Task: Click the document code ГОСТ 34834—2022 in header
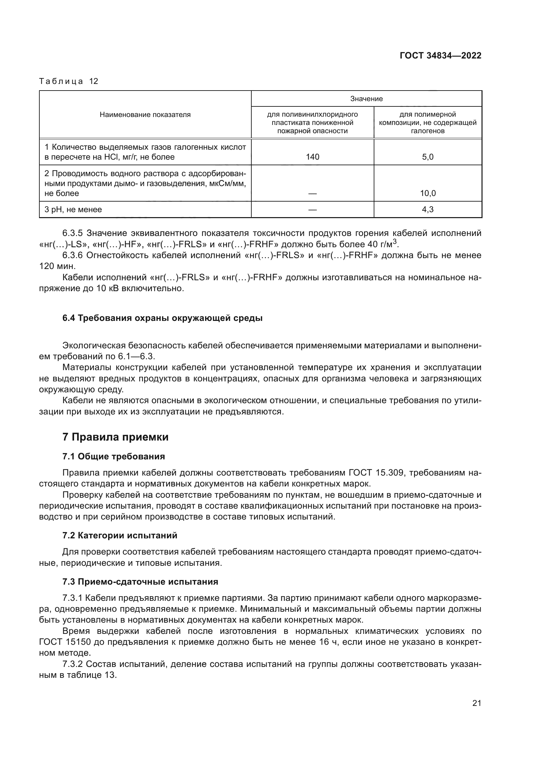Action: pyautogui.click(x=440, y=56)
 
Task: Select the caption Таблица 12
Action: pyautogui.click(x=69, y=81)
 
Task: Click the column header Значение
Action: pyautogui.click(x=366, y=98)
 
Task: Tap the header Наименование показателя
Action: pyautogui.click(x=145, y=115)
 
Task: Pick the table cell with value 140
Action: pyautogui.click(x=313, y=157)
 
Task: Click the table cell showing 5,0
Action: pyautogui.click(x=428, y=157)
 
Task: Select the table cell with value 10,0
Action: pyautogui.click(x=428, y=193)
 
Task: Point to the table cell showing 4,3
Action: pyautogui.click(x=428, y=210)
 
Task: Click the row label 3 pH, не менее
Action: pyautogui.click(x=73, y=210)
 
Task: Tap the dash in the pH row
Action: pyautogui.click(x=313, y=210)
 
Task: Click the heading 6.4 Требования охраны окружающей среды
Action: pyautogui.click(x=162, y=318)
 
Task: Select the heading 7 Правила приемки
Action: pyautogui.click(x=115, y=437)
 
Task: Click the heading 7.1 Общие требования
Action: pyautogui.click(x=113, y=456)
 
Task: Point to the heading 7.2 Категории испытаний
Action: pyautogui.click(x=120, y=536)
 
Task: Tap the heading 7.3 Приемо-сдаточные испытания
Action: pyautogui.click(x=140, y=582)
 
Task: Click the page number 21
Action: pyautogui.click(x=477, y=703)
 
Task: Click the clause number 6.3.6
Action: pyautogui.click(x=72, y=255)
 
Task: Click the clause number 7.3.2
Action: pyautogui.click(x=72, y=664)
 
